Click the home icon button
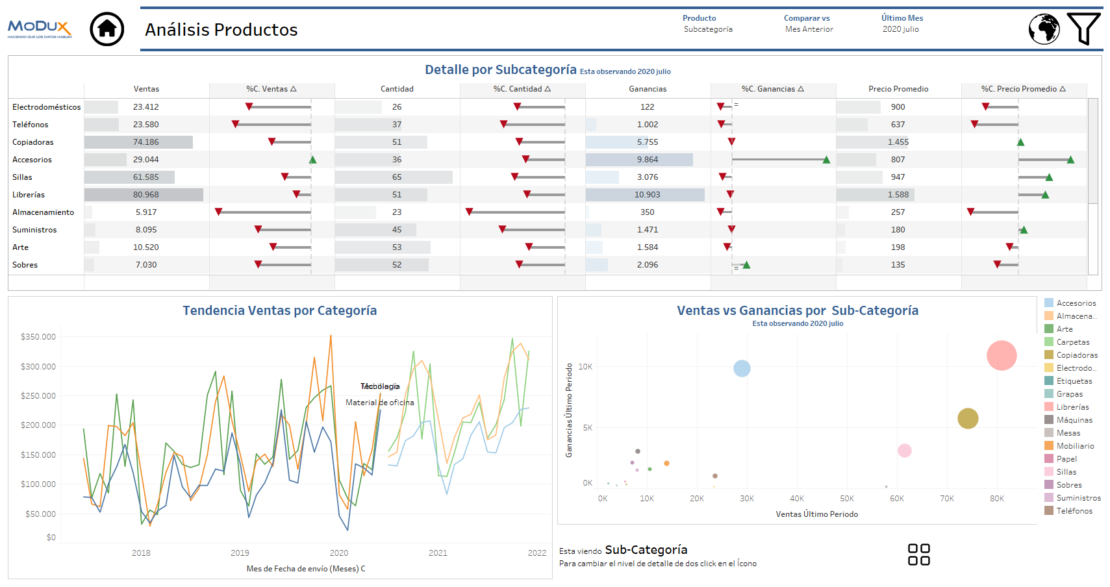[107, 29]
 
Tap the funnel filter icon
[1083, 29]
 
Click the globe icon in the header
[1044, 29]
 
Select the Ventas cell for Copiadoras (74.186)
[146, 142]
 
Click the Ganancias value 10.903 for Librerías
[647, 195]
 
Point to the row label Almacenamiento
[43, 212]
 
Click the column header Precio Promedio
[898, 89]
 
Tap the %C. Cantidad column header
[522, 89]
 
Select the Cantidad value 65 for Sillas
[396, 177]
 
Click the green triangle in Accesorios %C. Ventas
[312, 160]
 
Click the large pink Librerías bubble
[1001, 355]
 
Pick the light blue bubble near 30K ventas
[742, 368]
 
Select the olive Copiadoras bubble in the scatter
[967, 418]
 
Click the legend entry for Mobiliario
[1075, 446]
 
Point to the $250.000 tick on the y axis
[38, 396]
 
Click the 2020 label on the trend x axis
[338, 553]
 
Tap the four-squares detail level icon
[918, 555]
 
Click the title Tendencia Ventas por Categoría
[279, 310]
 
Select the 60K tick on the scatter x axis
[896, 499]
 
